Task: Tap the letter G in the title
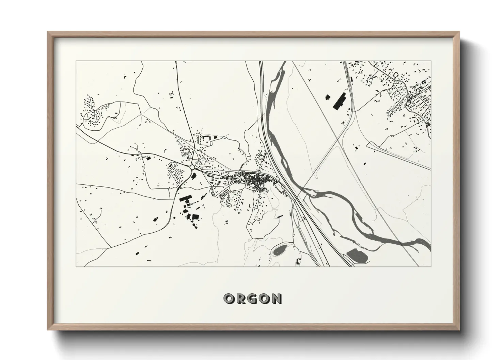252,299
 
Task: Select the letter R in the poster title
240,299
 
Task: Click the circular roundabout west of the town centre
192,167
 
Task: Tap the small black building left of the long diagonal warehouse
328,97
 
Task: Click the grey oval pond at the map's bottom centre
280,251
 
